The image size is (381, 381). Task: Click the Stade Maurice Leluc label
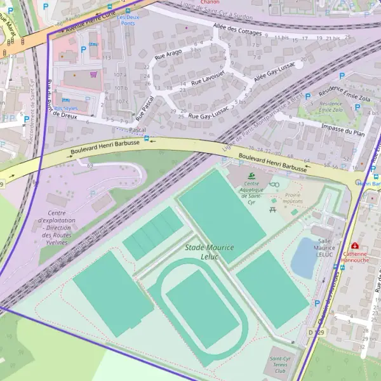(210, 251)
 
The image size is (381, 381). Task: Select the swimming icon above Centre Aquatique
(251, 176)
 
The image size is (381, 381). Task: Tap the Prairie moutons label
(293, 197)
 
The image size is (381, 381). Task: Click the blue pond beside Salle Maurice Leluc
(304, 258)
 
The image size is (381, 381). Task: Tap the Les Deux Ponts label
(128, 20)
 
